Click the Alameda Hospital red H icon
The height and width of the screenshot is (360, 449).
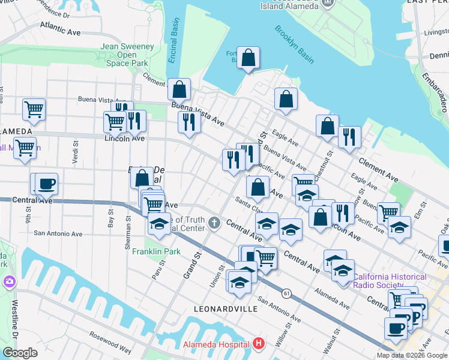pyautogui.click(x=259, y=344)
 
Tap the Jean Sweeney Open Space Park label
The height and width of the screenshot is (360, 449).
pyautogui.click(x=127, y=53)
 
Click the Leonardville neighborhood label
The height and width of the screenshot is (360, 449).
pyautogui.click(x=226, y=308)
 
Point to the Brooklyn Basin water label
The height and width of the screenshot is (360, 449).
pyautogui.click(x=295, y=44)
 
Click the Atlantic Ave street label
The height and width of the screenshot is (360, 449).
pyautogui.click(x=60, y=26)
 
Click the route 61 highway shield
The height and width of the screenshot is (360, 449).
pyautogui.click(x=287, y=293)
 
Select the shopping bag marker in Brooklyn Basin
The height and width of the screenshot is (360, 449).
pyautogui.click(x=248, y=58)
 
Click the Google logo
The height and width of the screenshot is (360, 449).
pyautogui.click(x=20, y=353)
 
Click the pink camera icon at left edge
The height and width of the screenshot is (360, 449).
pyautogui.click(x=9, y=281)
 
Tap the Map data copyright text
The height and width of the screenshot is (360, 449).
pyautogui.click(x=412, y=355)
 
